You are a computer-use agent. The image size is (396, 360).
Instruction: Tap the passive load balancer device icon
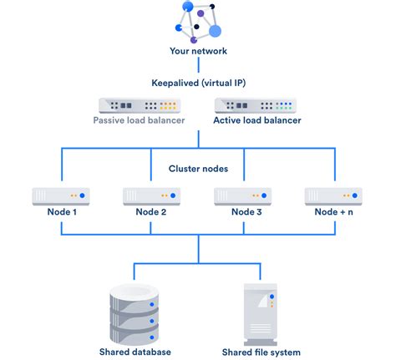[x=140, y=105]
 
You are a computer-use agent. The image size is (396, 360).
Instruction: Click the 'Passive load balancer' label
[x=140, y=120]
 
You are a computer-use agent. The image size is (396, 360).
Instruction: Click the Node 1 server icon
[x=61, y=196]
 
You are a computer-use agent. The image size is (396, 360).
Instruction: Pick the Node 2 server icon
[x=152, y=196]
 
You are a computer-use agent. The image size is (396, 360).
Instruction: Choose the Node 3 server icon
[x=243, y=196]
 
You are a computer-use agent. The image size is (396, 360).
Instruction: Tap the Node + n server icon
[x=334, y=196]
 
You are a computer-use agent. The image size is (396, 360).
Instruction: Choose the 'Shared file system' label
[x=261, y=352]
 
